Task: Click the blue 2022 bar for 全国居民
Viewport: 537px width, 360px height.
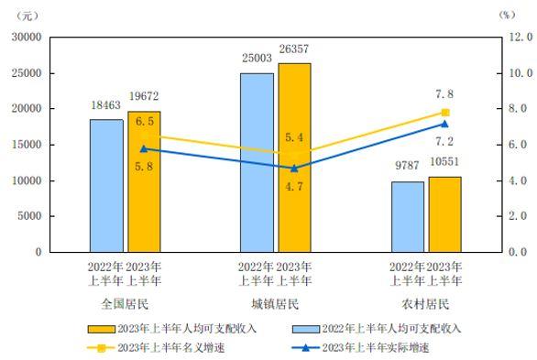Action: (x=106, y=186)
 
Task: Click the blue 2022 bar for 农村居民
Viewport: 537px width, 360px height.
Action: (x=408, y=217)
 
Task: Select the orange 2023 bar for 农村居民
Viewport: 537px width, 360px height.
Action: (x=444, y=214)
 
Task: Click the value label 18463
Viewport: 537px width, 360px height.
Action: (x=106, y=107)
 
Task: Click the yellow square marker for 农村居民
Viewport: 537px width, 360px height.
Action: (x=445, y=113)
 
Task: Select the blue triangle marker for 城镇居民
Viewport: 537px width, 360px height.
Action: (x=294, y=168)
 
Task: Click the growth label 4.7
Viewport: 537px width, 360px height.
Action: (x=294, y=185)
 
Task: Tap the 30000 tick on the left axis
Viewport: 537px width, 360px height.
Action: (x=27, y=37)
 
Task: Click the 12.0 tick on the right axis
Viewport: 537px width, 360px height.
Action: (x=521, y=37)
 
